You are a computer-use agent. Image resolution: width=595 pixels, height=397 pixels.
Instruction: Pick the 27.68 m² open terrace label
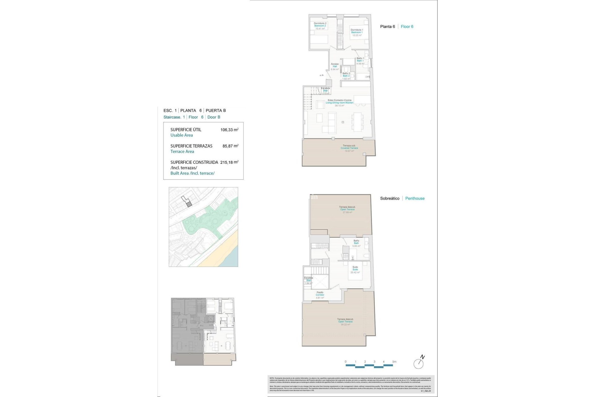(x=347, y=212)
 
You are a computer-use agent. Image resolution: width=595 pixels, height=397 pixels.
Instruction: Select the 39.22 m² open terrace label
(x=345, y=324)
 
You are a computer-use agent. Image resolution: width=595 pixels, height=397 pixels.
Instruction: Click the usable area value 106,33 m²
(x=229, y=130)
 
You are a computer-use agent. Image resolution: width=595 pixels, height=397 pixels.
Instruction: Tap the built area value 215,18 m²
(x=229, y=162)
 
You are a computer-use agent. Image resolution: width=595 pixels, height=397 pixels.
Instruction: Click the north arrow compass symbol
(x=419, y=363)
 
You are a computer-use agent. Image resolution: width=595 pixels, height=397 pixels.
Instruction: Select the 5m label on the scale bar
(x=394, y=362)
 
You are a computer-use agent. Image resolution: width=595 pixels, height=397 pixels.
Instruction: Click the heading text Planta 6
(x=387, y=27)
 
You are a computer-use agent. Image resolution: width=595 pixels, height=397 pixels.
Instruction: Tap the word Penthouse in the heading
(x=415, y=198)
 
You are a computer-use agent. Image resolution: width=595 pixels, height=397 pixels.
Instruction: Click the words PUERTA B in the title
(x=216, y=110)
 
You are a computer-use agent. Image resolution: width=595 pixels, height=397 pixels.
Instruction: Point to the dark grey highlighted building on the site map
(x=189, y=204)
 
